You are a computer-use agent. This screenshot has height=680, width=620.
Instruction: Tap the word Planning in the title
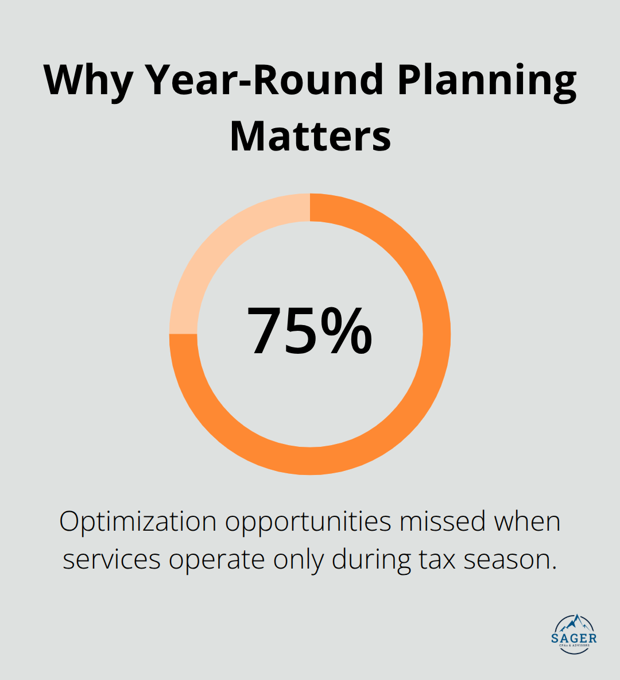pos(486,80)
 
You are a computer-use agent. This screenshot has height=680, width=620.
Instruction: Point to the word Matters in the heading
pos(310,136)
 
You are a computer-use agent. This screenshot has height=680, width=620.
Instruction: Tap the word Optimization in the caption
pos(138,522)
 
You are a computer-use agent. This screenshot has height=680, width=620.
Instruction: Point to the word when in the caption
pos(528,521)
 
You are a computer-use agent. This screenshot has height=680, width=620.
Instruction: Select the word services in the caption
pos(111,559)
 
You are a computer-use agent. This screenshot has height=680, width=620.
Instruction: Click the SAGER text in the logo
pos(573,638)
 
